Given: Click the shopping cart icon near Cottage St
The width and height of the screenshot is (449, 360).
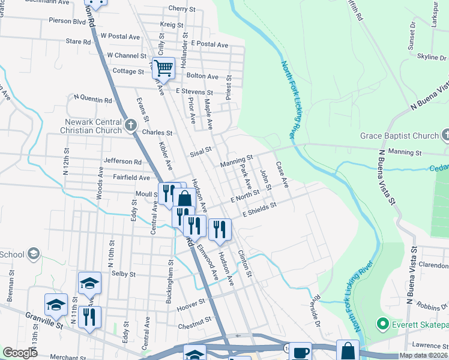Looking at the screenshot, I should (163, 68).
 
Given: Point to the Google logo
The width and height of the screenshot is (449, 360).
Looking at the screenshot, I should (20, 353).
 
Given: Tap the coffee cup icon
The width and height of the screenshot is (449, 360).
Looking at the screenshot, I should (300, 352).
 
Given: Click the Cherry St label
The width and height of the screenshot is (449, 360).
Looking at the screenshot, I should (182, 9).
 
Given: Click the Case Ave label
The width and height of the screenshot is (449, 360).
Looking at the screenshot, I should (282, 174).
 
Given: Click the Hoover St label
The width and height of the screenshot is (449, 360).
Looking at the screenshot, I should (191, 307).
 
